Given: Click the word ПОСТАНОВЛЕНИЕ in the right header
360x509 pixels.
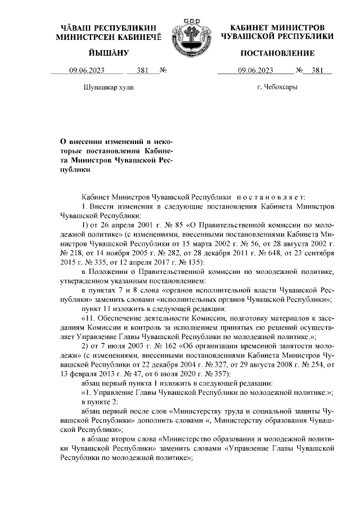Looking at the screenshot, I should click(277, 53).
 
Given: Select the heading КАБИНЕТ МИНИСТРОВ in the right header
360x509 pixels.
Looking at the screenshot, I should click(277, 28).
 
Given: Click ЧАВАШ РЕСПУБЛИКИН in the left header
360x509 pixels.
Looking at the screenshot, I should click(108, 28).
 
